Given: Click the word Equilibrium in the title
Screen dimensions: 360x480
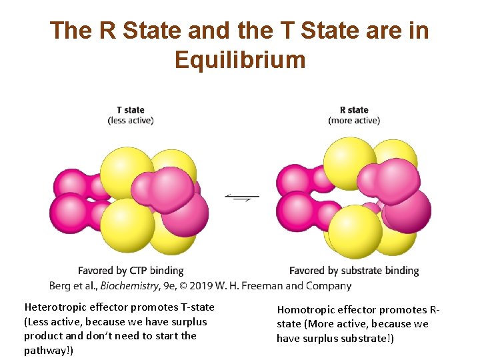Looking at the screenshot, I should coord(240,61).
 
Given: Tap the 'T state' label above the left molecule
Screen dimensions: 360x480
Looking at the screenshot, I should coord(130,110).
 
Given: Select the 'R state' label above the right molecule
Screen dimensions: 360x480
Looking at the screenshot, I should coord(353,110).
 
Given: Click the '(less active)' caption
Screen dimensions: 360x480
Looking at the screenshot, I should coord(131,121).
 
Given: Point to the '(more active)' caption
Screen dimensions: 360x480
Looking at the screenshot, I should coord(354,121).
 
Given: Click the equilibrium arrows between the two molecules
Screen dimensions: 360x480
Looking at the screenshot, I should coord(242,197).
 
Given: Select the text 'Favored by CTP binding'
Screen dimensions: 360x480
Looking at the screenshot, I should coord(131,271).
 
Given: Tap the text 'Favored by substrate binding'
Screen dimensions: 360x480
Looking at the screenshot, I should coord(354,271).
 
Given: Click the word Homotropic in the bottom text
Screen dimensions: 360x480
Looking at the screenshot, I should coord(307,310).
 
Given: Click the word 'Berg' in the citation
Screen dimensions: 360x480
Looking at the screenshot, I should coord(60,286).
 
